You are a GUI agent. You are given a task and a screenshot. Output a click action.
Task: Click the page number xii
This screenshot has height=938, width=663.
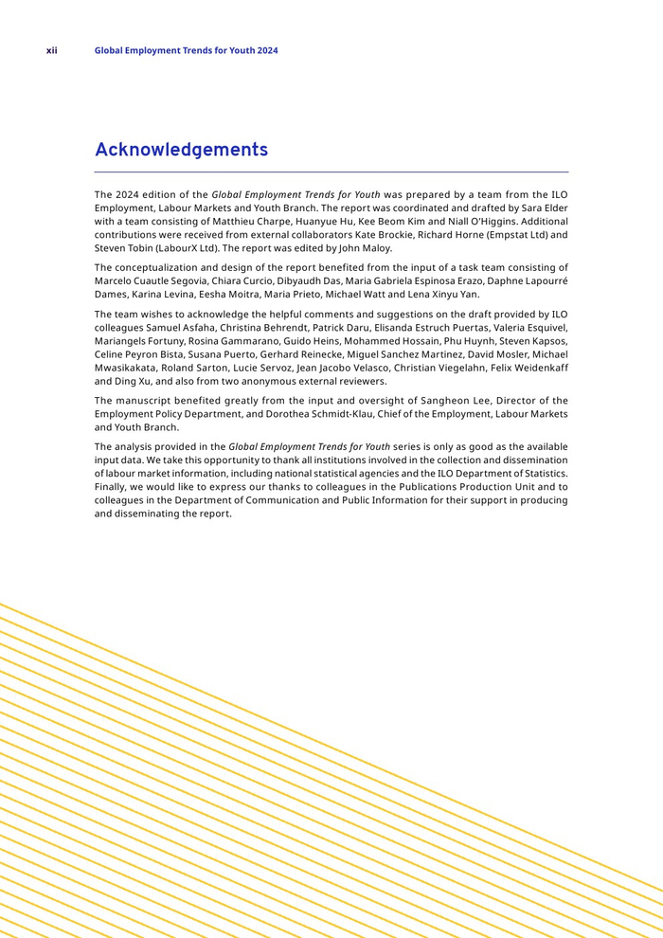(x=52, y=50)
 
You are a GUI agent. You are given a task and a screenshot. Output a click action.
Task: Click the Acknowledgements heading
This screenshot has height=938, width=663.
(x=181, y=150)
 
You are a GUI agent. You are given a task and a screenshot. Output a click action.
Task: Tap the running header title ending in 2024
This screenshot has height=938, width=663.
(x=187, y=50)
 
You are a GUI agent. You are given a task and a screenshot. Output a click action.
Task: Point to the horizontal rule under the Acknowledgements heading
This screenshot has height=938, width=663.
(x=331, y=171)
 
